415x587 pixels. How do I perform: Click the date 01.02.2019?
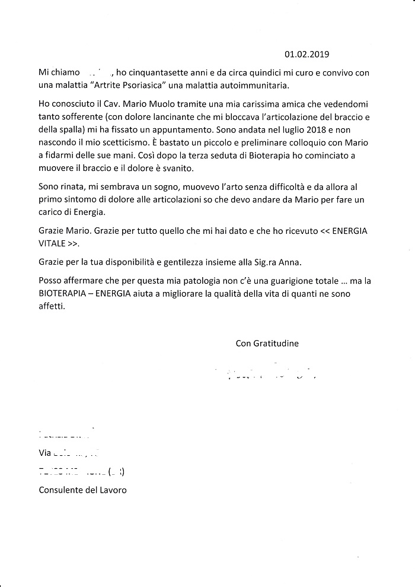point(307,54)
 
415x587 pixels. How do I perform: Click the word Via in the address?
point(45,452)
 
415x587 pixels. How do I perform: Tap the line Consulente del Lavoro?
point(82,490)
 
